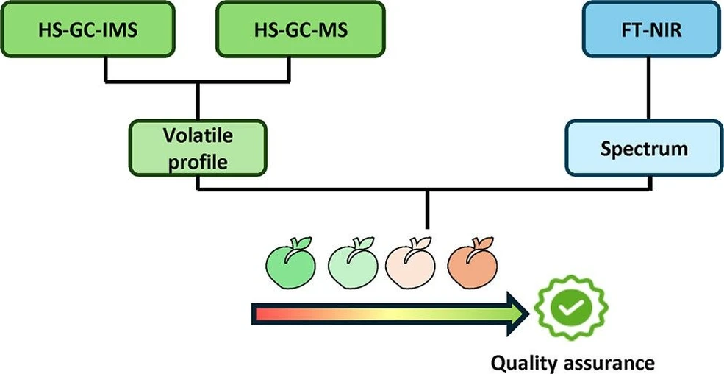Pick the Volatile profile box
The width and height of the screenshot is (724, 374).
pos(198,147)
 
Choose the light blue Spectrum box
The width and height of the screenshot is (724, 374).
pos(644,148)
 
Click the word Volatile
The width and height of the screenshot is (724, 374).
pos(198,136)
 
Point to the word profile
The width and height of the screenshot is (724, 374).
pos(198,160)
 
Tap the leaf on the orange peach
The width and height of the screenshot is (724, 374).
pos(480,242)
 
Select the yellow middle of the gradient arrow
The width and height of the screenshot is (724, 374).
pos(390,315)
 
